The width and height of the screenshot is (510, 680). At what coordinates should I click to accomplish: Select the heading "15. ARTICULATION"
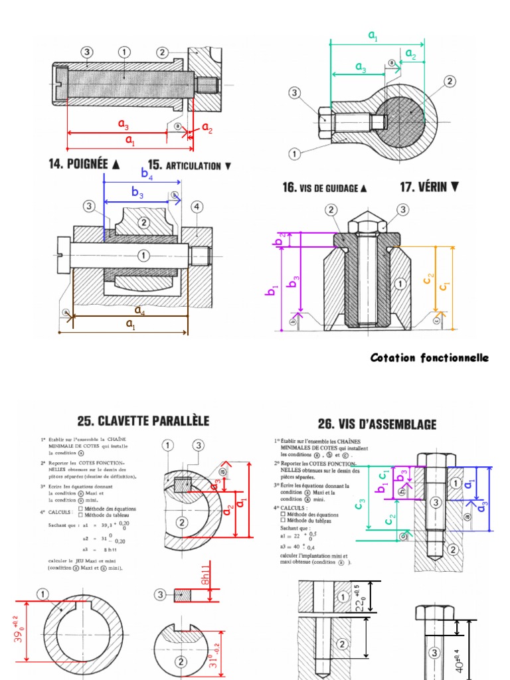[x=189, y=165]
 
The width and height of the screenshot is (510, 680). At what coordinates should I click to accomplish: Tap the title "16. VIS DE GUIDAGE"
[x=324, y=188]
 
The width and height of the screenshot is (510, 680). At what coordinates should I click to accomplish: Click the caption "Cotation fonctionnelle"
[x=429, y=358]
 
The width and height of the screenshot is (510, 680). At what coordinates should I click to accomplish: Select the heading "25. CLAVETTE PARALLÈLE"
[x=143, y=420]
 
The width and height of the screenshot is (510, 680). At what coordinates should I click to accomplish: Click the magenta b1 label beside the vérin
[x=272, y=290]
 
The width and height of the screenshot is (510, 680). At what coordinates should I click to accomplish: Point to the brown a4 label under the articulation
[x=140, y=310]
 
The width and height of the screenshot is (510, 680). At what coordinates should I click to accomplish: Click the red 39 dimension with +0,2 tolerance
[x=20, y=630]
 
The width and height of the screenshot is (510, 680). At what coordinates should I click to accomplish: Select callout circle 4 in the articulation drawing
[x=197, y=207]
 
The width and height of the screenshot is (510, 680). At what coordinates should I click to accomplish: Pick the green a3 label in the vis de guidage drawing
[x=361, y=67]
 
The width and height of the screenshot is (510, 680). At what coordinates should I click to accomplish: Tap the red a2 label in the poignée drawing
[x=207, y=127]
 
